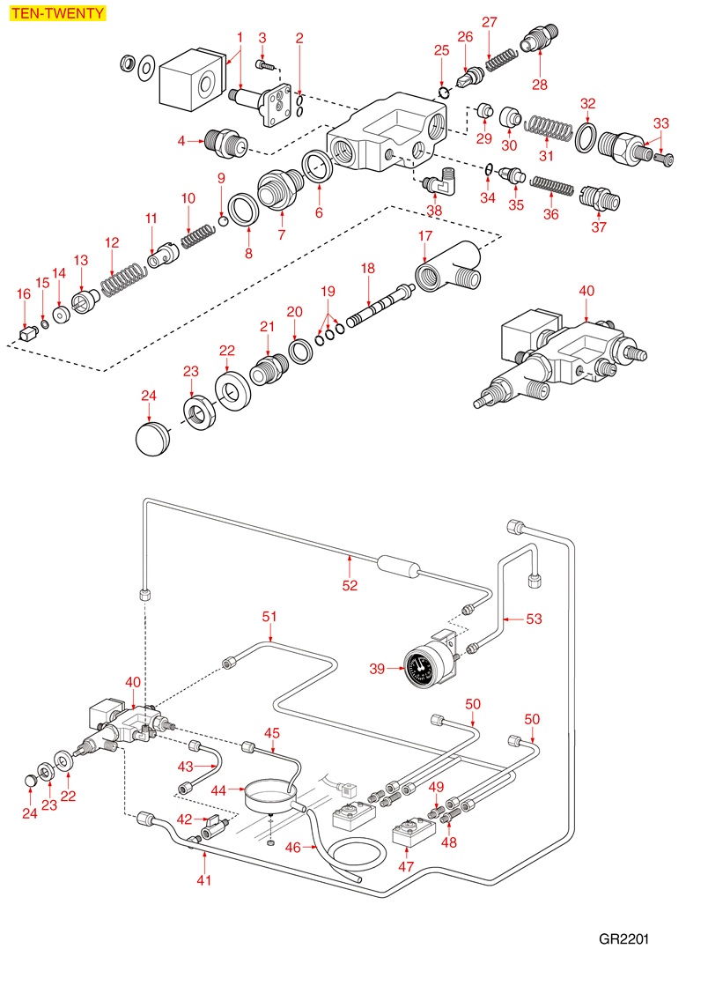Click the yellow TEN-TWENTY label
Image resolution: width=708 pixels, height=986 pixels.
pos(55,13)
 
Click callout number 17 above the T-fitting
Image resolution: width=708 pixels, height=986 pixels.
pos(425,236)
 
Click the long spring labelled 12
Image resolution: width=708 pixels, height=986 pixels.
pos(122,281)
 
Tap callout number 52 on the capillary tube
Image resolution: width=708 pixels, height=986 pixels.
pos(350,585)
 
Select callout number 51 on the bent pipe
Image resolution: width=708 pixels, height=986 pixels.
pos(269,617)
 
